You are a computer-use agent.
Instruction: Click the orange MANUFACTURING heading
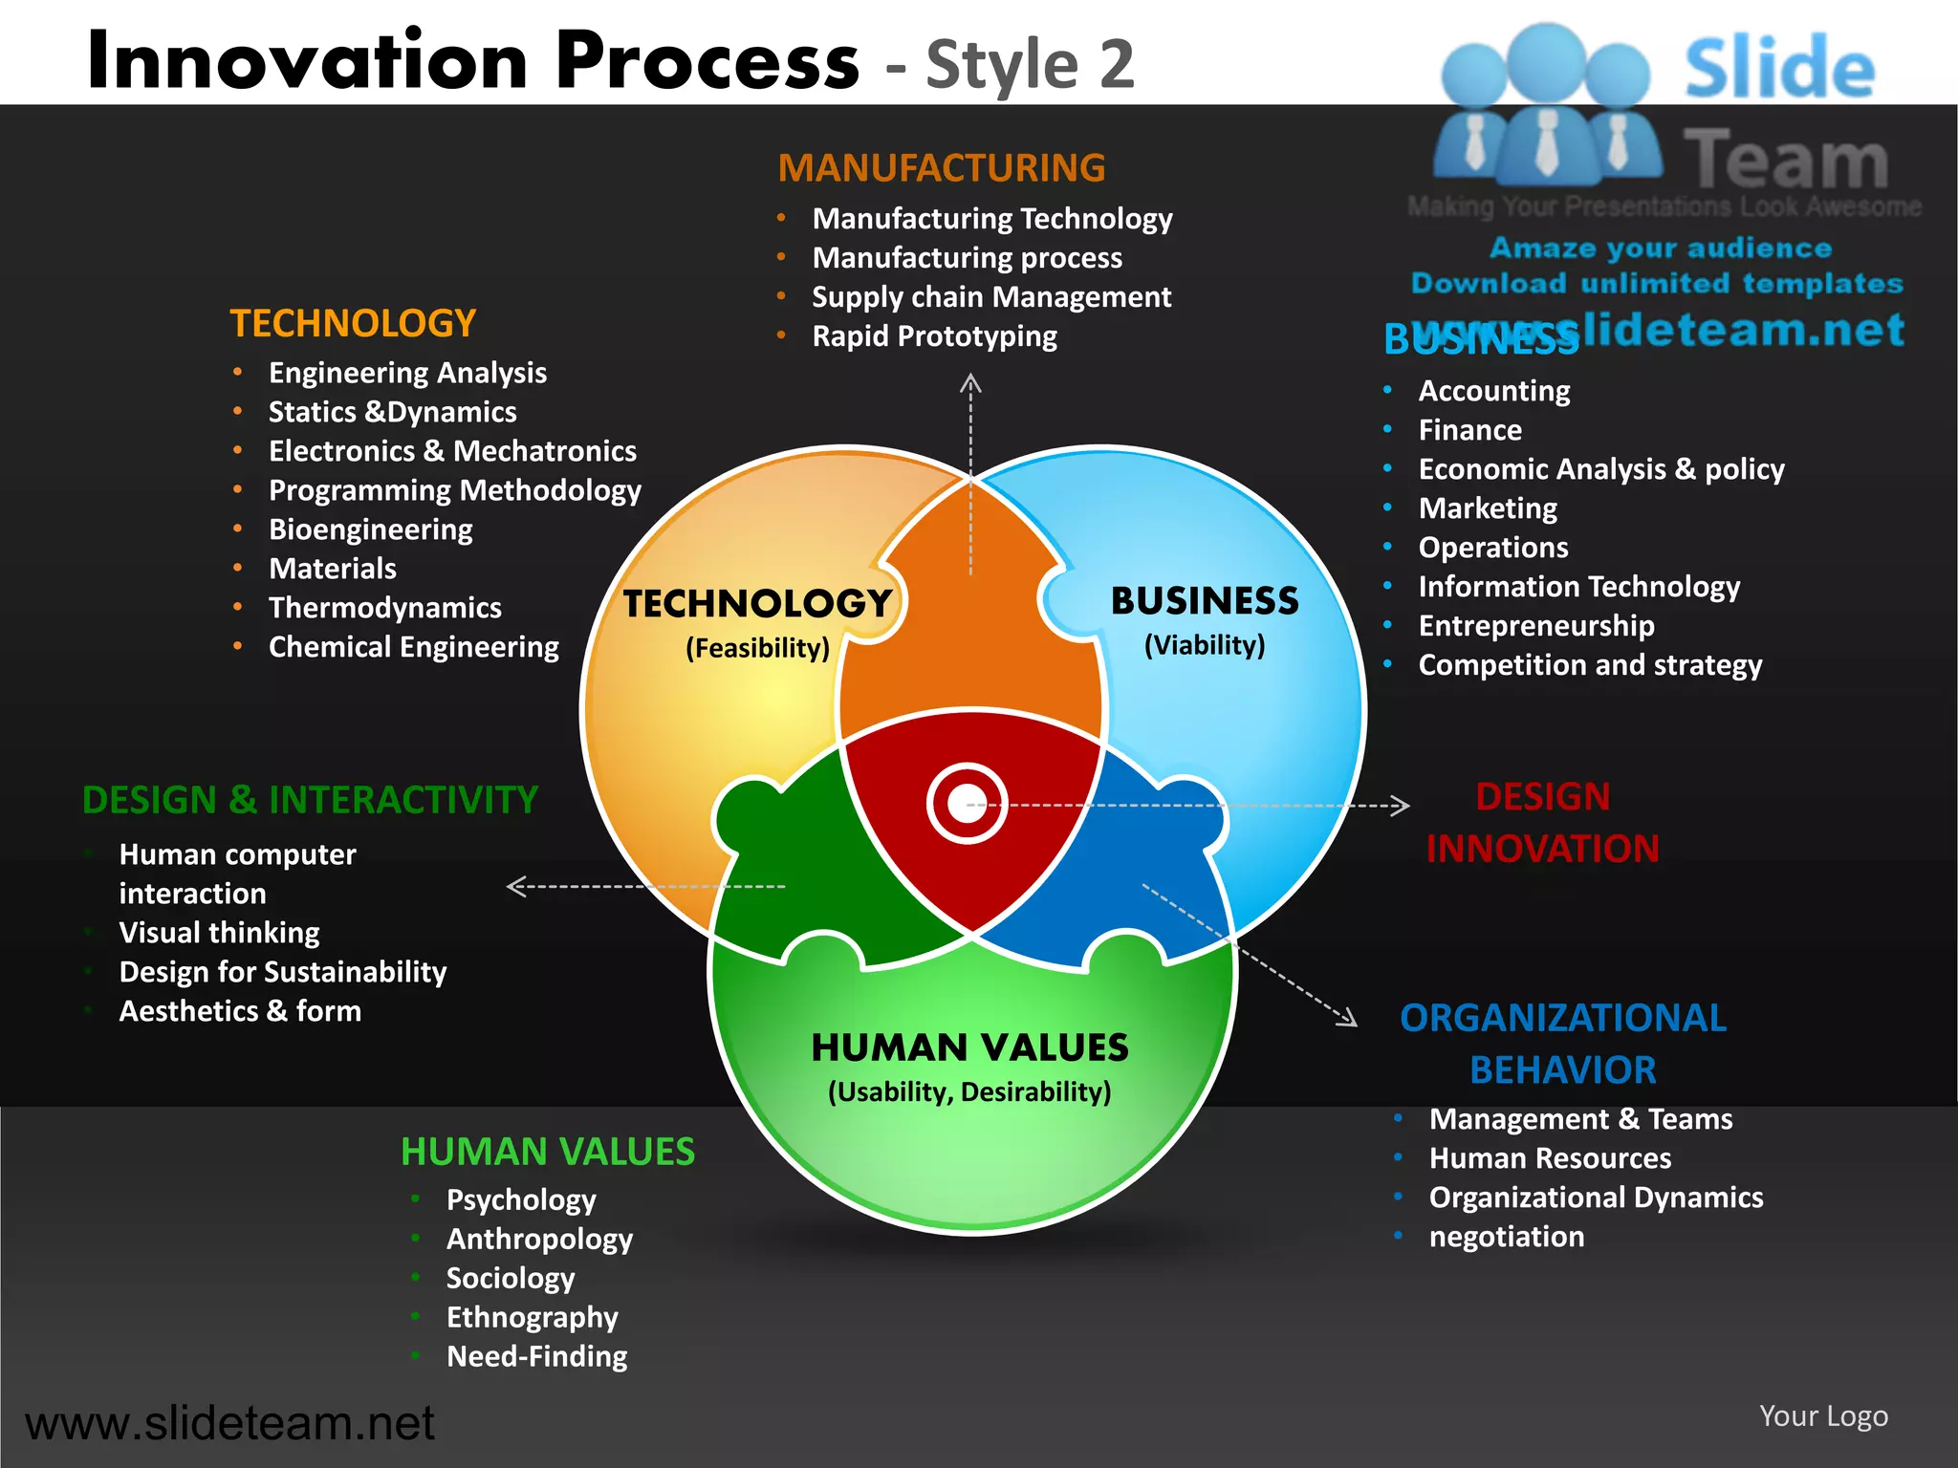coord(941,168)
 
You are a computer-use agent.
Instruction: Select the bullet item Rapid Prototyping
coord(934,336)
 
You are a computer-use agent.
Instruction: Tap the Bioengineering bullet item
coord(370,529)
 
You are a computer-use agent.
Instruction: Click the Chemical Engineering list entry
coord(413,647)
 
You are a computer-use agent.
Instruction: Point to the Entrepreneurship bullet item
coord(1535,626)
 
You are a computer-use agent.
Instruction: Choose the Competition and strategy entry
coord(1589,665)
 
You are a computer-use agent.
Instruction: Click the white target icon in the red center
coord(967,804)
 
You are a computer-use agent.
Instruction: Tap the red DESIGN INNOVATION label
coord(1542,823)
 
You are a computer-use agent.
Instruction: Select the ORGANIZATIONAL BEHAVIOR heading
coord(1562,1044)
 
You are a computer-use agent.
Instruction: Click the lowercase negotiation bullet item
coord(1506,1237)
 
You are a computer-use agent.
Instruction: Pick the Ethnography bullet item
coord(532,1317)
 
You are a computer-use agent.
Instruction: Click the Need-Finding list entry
coord(536,1356)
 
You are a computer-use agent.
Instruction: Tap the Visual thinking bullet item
coord(219,933)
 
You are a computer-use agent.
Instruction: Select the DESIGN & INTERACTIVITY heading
coord(310,800)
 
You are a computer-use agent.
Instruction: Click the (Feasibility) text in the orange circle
coord(757,648)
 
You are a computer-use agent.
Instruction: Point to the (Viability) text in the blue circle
coord(1205,645)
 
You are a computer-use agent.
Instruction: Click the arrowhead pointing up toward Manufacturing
coord(970,384)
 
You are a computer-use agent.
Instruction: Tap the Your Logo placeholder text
coord(1823,1415)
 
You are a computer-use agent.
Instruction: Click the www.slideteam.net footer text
coord(229,1423)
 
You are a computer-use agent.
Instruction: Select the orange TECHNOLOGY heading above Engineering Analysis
coord(353,324)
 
